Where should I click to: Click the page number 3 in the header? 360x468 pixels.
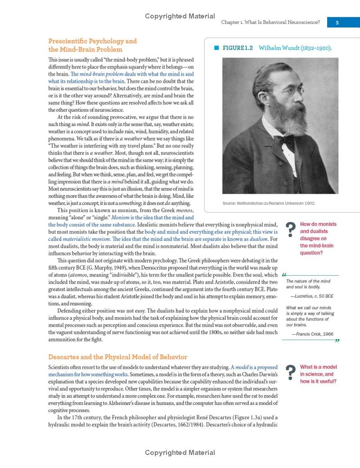click(337, 23)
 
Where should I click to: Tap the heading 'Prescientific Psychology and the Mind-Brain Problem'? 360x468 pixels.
click(92, 45)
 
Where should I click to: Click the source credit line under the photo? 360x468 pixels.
click(269, 203)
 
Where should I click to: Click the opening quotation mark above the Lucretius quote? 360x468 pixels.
click(284, 275)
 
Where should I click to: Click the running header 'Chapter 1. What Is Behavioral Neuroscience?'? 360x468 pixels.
click(270, 23)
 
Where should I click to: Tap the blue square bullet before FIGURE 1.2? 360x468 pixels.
click(216, 48)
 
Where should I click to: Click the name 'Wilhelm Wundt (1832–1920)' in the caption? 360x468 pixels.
click(295, 48)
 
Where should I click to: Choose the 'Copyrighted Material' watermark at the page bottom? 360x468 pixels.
click(180, 453)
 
